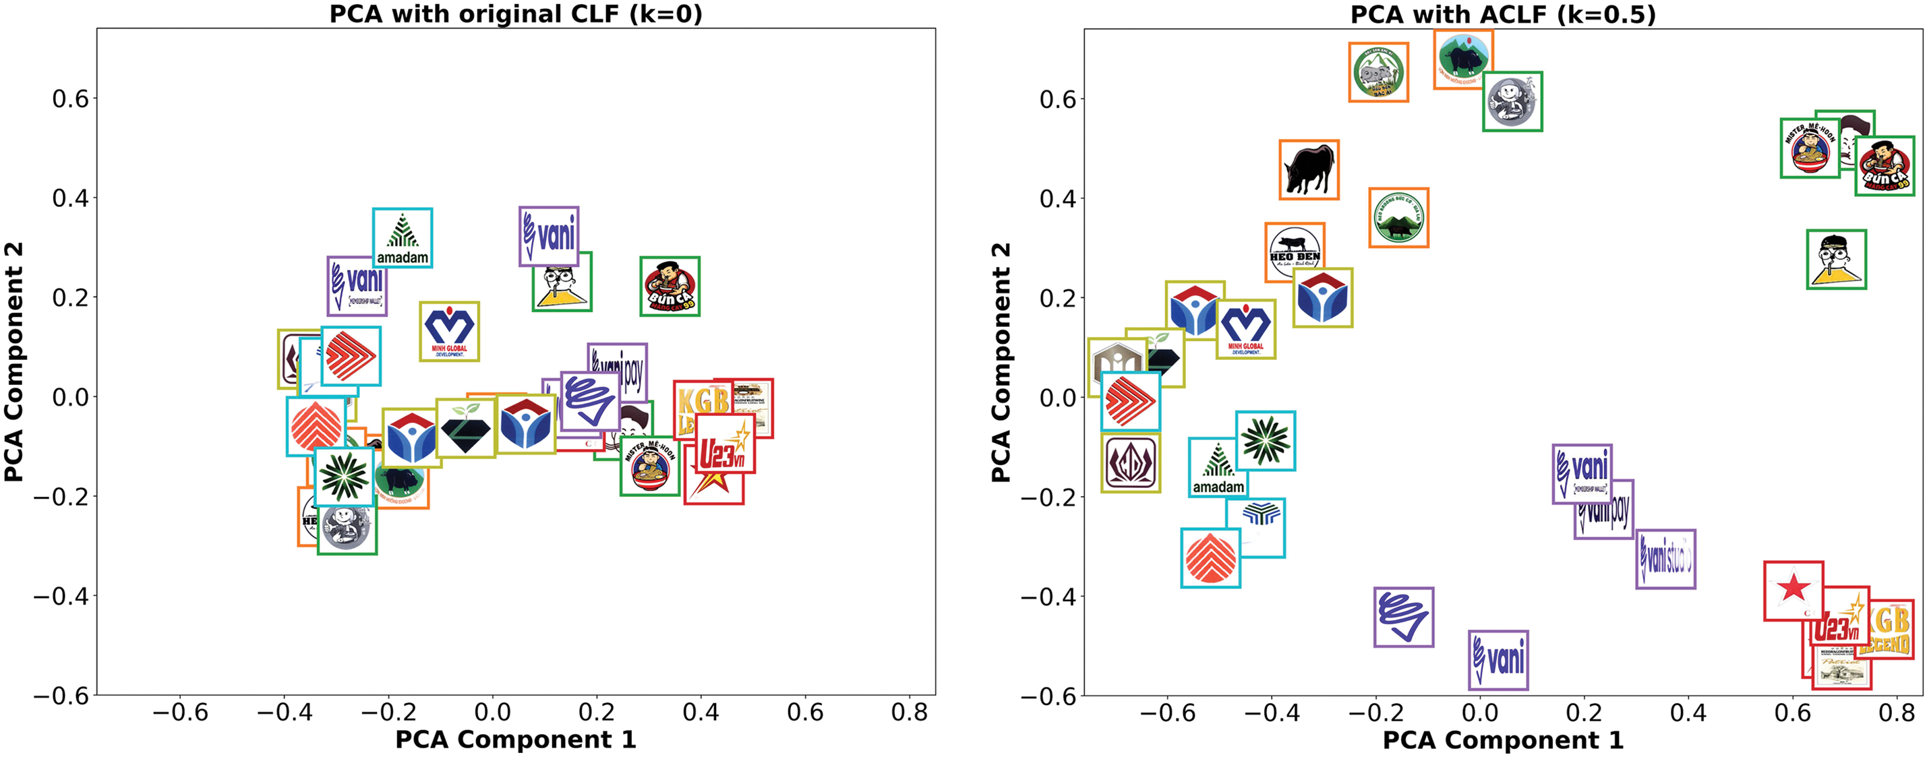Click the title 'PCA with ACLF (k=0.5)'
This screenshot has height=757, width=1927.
1503,13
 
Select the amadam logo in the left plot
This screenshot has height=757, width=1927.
403,238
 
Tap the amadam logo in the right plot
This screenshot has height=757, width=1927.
1218,468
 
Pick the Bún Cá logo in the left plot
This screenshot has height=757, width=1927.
670,286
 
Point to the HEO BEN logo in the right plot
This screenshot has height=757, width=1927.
1295,252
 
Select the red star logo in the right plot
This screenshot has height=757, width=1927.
1793,591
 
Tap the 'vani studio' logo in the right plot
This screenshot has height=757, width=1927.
1665,559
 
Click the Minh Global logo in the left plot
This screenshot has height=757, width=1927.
449,332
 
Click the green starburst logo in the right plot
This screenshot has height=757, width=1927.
1265,441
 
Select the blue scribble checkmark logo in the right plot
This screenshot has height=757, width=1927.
1403,617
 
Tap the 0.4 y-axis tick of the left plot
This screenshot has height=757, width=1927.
69,198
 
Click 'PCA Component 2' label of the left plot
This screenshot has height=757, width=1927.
13,361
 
